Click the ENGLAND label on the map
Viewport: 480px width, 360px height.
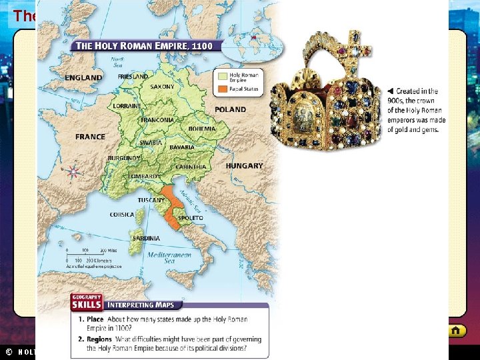tap(83, 78)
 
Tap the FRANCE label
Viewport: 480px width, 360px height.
tap(90, 137)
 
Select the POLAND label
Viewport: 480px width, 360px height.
tap(230, 109)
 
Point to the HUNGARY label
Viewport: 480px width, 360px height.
tap(244, 165)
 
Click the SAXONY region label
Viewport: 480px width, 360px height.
tap(162, 87)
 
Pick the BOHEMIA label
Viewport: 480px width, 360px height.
tap(202, 129)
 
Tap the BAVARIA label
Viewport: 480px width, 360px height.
tap(181, 147)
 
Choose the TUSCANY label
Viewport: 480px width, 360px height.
tap(151, 200)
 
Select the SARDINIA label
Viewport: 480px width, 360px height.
tap(146, 238)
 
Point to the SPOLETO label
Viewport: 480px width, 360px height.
tap(191, 218)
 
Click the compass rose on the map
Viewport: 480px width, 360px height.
tap(73, 171)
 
